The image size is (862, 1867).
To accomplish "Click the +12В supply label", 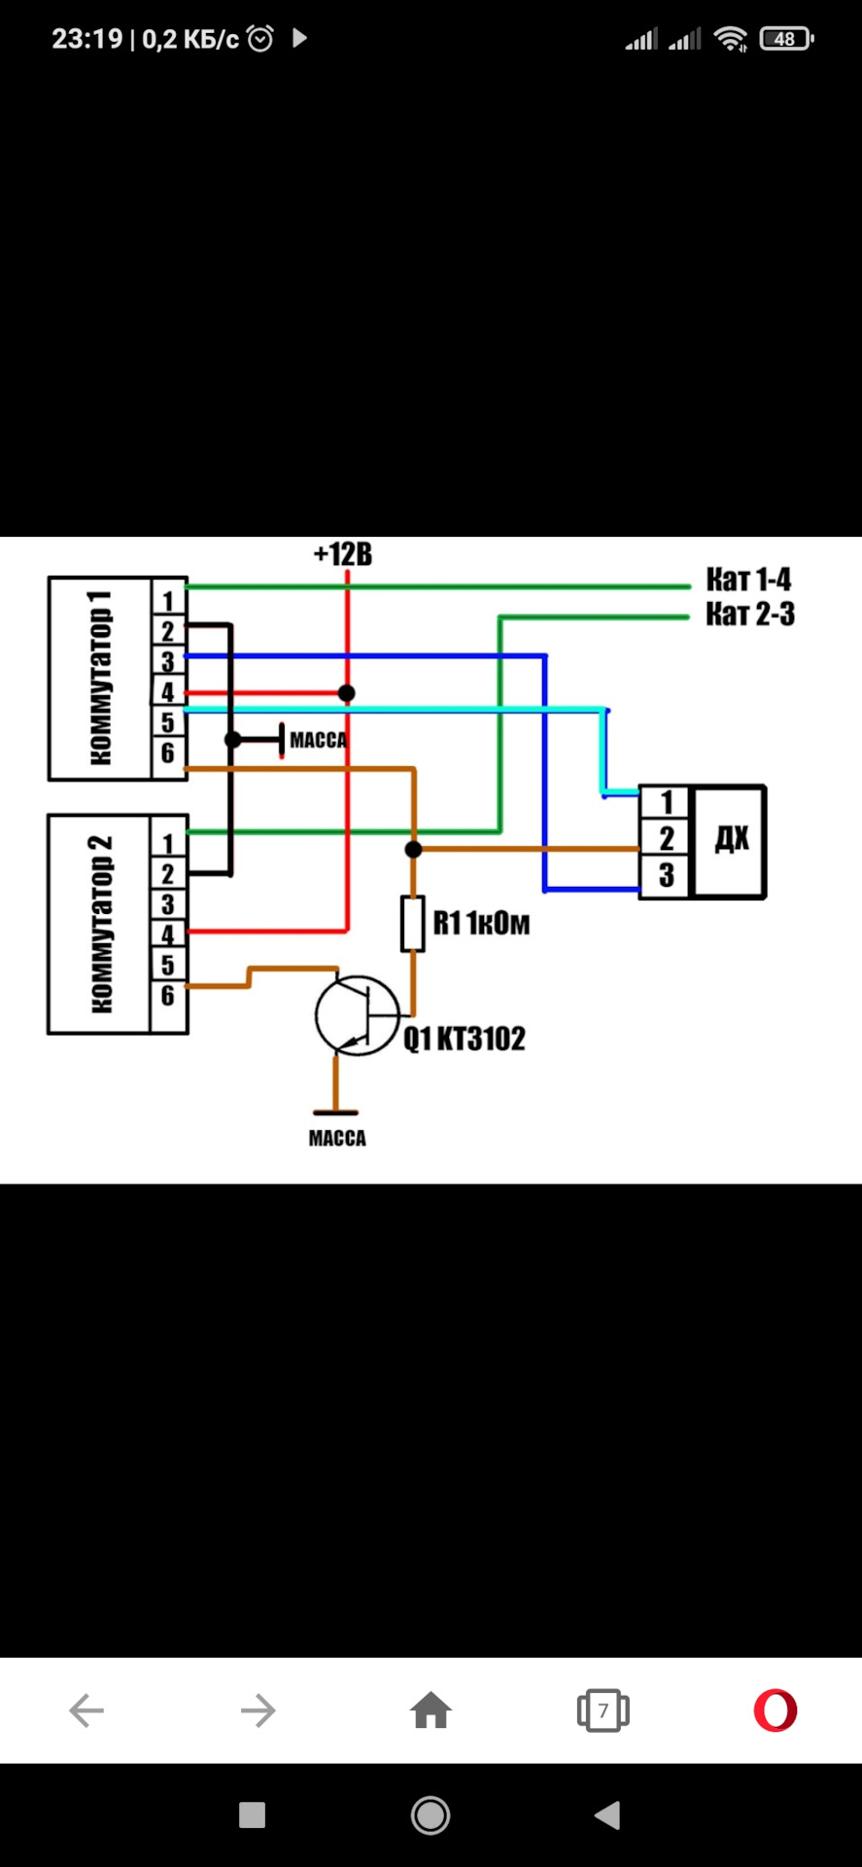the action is point(343,554).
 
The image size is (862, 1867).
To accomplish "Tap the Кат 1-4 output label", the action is point(748,580).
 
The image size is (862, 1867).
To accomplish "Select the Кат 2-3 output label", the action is point(749,614).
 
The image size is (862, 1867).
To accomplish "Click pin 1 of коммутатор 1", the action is point(168,601).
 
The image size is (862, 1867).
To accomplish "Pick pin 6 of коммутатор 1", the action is point(168,753).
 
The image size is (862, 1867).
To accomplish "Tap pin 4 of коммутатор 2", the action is point(168,934).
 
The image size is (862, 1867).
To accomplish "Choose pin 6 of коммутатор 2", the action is point(168,996).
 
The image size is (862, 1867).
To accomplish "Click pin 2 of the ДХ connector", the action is point(667,838).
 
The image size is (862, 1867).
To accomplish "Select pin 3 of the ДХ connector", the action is point(667,875).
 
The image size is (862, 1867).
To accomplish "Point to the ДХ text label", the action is point(732,838).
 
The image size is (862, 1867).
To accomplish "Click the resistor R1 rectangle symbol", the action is point(413,924).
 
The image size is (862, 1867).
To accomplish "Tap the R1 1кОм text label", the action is point(481,923).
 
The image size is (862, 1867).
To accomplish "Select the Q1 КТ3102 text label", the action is point(465,1039).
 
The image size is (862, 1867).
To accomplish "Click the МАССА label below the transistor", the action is point(337,1138).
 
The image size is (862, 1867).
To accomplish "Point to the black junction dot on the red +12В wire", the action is point(347,693).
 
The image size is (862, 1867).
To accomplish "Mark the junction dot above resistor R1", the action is point(413,850).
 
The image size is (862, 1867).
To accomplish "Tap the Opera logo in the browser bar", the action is point(776,1710).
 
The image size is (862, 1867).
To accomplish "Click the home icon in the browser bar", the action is point(431,1710).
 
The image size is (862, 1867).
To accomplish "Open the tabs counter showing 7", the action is point(603,1710).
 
